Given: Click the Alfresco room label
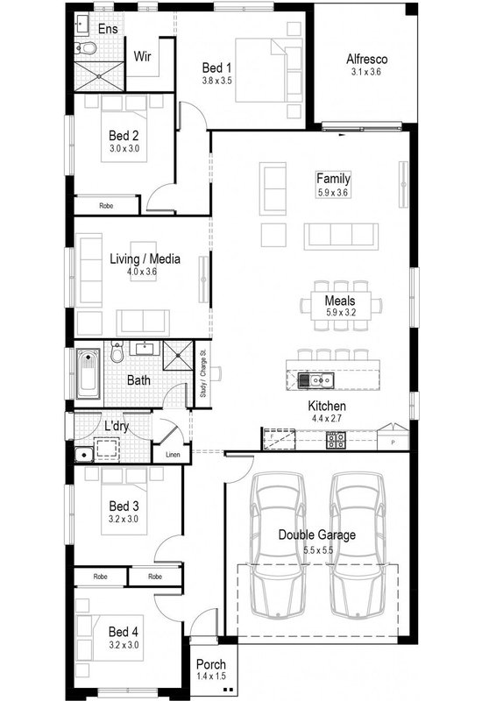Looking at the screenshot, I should [366, 60].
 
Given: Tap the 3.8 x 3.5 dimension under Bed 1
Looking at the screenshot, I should [216, 80].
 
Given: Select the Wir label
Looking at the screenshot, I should [144, 57].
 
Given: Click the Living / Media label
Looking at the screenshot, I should [145, 258].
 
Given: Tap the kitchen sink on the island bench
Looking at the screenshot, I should [314, 379].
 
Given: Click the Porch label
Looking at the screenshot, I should [211, 665].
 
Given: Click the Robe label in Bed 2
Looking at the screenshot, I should [106, 206].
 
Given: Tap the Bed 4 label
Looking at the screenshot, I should [124, 631].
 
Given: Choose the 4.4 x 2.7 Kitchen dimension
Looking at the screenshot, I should [327, 420].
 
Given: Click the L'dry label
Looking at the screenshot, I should [118, 426].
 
